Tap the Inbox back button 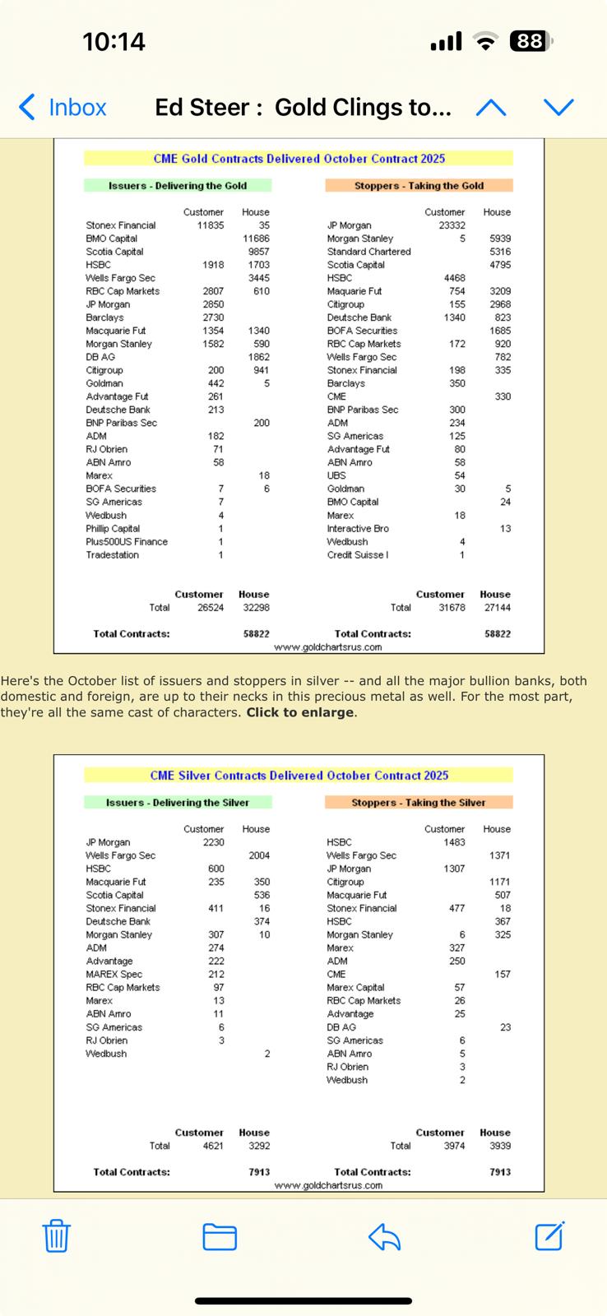(x=63, y=107)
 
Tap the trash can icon (x=56, y=1235)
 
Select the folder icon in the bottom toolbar (x=220, y=1236)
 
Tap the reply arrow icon (x=384, y=1236)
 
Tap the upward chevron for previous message (x=491, y=108)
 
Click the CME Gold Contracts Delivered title (x=299, y=159)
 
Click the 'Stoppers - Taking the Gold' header (x=419, y=186)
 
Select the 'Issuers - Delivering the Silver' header (x=178, y=803)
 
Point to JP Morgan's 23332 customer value (x=452, y=225)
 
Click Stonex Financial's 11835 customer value (x=211, y=225)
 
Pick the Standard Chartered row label (x=368, y=252)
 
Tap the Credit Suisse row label (x=358, y=555)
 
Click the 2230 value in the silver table (x=213, y=842)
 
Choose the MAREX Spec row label (x=114, y=975)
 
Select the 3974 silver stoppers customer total (x=454, y=1146)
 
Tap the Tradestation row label (x=113, y=555)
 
